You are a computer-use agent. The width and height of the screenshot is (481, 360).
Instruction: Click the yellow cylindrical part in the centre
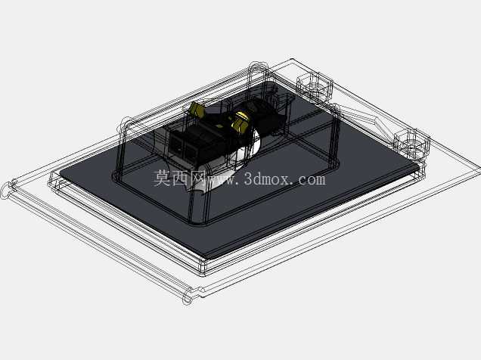(241, 122)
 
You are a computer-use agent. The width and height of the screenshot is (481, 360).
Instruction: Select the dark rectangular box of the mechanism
(197, 144)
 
